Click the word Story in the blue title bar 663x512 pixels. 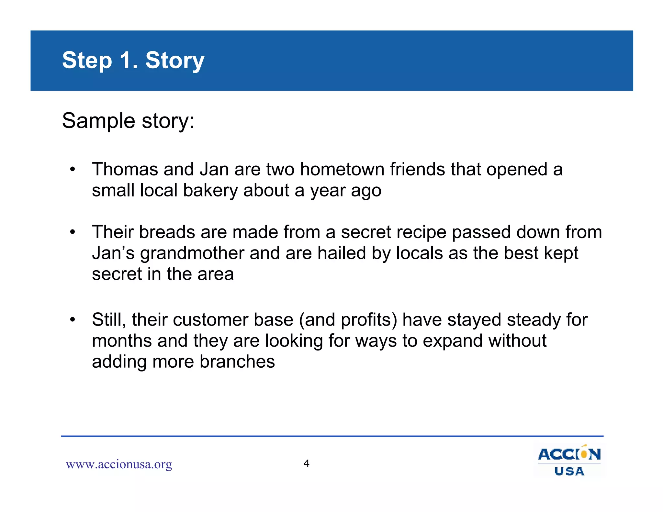(175, 61)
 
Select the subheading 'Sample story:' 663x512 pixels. (128, 121)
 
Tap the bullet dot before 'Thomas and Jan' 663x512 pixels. (73, 170)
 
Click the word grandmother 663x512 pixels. (192, 253)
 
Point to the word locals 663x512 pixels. (420, 253)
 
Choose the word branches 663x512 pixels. (237, 362)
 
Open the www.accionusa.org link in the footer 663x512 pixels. (119, 464)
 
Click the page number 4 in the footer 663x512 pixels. (306, 463)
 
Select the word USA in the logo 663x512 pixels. (569, 471)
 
